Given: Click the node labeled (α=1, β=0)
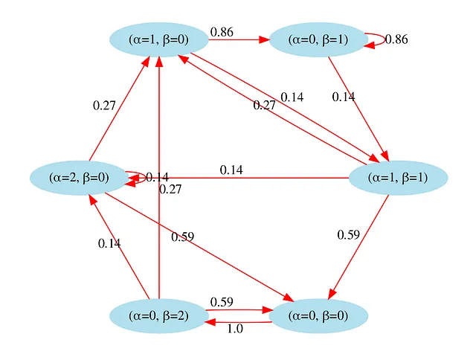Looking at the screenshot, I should click(x=158, y=39).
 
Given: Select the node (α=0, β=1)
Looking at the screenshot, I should click(x=318, y=39).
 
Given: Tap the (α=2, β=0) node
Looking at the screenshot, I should click(x=79, y=177).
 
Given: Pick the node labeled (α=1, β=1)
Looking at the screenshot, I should click(x=397, y=178).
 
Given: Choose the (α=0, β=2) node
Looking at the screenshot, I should click(x=158, y=315).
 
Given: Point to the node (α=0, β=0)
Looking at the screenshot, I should click(x=318, y=315).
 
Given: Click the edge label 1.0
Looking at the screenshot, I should click(x=234, y=329).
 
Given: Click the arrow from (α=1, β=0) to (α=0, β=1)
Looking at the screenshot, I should click(x=238, y=39).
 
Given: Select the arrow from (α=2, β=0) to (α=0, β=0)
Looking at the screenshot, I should click(x=201, y=245).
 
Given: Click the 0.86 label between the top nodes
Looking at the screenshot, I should click(x=222, y=31).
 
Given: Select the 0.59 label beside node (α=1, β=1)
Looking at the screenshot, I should click(x=348, y=235).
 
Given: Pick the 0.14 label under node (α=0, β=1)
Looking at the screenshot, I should click(x=344, y=97).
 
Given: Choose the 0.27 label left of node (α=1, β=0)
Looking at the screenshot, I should click(x=104, y=106).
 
